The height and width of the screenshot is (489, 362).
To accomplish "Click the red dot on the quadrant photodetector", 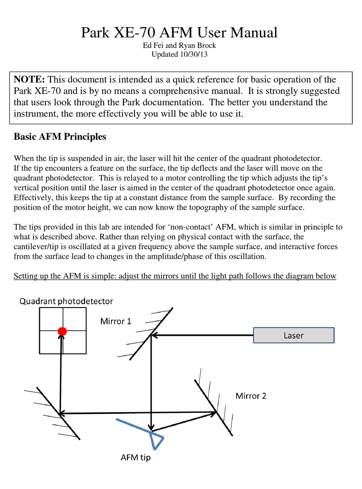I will pyautogui.click(x=62, y=331).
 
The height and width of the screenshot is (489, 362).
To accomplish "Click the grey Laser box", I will pyautogui.click(x=293, y=335).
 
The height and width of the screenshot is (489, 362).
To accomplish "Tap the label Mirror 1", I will pyautogui.click(x=115, y=321).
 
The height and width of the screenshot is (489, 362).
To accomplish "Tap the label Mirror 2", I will pyautogui.click(x=251, y=396).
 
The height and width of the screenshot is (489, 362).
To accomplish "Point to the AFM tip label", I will pyautogui.click(x=136, y=457).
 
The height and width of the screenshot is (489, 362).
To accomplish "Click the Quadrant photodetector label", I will pyautogui.click(x=66, y=301).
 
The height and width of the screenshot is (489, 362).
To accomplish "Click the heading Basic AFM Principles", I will pyautogui.click(x=60, y=137).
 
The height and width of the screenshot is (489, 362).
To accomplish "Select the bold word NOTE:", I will pyautogui.click(x=29, y=80).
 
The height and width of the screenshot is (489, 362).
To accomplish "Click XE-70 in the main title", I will pyautogui.click(x=133, y=33).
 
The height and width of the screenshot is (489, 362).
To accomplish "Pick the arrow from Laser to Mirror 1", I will pyautogui.click(x=202, y=335).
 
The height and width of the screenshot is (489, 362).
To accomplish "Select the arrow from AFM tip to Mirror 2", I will pyautogui.click(x=183, y=422).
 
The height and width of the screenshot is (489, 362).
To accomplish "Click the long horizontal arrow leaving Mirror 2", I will pyautogui.click(x=137, y=413).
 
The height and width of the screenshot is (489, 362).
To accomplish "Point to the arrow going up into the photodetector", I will pyautogui.click(x=61, y=374).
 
